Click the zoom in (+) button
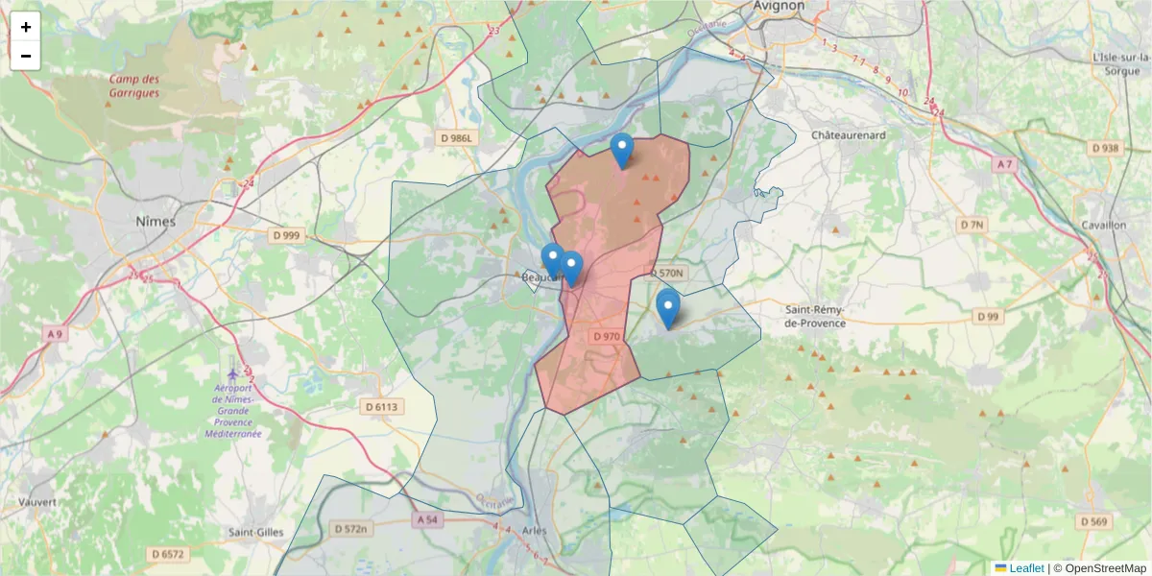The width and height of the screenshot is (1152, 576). coord(26,27)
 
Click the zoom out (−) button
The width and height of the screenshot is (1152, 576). coord(26,56)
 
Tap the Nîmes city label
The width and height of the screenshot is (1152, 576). coord(155,222)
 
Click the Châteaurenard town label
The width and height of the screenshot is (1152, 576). coord(848,135)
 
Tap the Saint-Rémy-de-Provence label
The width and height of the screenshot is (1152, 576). coord(815,317)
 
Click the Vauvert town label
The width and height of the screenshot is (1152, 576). coord(36,502)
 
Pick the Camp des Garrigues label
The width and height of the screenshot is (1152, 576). coord(134,86)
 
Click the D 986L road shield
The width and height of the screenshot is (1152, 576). coord(455,138)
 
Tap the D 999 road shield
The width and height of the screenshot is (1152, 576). coord(286,235)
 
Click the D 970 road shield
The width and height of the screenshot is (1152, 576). coord(607,337)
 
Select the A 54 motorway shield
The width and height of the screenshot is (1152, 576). coord(427,519)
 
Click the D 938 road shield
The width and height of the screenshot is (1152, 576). coord(1105,148)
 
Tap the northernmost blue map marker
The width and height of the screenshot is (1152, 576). coord(622,150)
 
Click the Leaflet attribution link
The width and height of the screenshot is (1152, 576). coord(1026,568)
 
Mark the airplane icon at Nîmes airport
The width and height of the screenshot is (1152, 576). coord(232,371)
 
